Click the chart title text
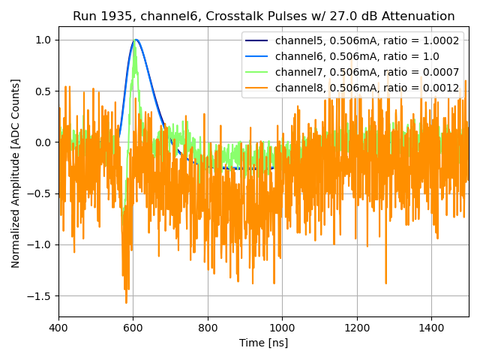[263, 16]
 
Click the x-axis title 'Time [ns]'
[263, 343]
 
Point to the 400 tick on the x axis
[58, 328]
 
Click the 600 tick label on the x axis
[133, 328]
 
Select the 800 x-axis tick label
[208, 328]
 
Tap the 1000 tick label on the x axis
[282, 328]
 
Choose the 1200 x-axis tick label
[357, 328]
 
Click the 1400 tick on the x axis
[431, 328]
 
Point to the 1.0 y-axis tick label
[43, 40]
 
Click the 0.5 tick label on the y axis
[43, 91]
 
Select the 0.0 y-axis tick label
[43, 142]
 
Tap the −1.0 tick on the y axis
[40, 244]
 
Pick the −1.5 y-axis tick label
[40, 295]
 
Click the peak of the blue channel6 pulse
[136, 40]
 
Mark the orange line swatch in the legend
[257, 88]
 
